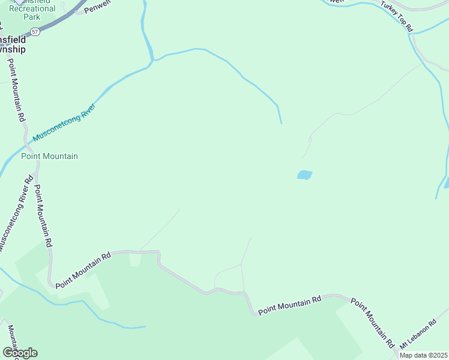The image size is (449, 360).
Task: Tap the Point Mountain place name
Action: tap(49, 157)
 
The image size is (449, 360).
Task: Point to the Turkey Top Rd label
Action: tap(397, 16)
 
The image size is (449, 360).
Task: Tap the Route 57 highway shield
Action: tap(36, 31)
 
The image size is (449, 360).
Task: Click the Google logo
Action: tap(19, 353)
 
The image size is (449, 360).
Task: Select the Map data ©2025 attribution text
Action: tap(423, 355)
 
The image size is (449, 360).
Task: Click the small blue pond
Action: tap(304, 175)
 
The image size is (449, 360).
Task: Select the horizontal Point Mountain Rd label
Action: tap(290, 305)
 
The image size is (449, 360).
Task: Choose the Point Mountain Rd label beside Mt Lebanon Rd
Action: tap(373, 323)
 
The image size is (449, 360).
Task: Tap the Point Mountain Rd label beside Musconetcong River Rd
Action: tap(42, 216)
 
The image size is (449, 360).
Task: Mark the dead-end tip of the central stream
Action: tap(281, 122)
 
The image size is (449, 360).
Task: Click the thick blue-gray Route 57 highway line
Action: tap(60, 22)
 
